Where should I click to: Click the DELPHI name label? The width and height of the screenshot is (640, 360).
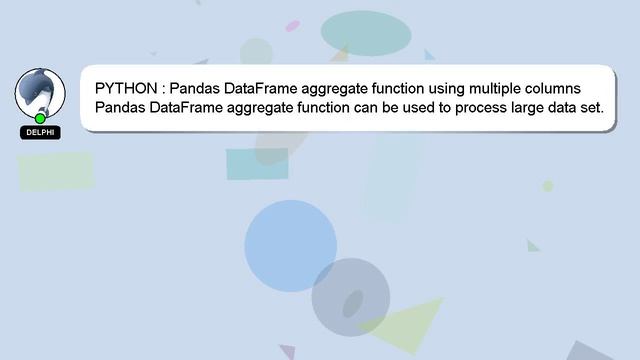pos(41,132)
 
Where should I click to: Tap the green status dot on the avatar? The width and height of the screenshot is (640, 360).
pos(41,118)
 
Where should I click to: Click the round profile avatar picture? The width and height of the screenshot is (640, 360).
pos(40,93)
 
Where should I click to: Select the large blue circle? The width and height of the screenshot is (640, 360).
pos(290,246)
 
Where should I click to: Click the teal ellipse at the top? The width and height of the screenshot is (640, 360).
pos(365,33)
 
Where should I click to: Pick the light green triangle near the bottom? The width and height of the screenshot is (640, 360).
pos(405,323)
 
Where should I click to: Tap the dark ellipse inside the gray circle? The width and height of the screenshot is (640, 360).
pos(352,302)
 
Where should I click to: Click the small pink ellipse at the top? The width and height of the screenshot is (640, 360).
pos(292,26)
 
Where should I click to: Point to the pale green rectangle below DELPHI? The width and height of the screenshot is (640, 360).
pos(56,171)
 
